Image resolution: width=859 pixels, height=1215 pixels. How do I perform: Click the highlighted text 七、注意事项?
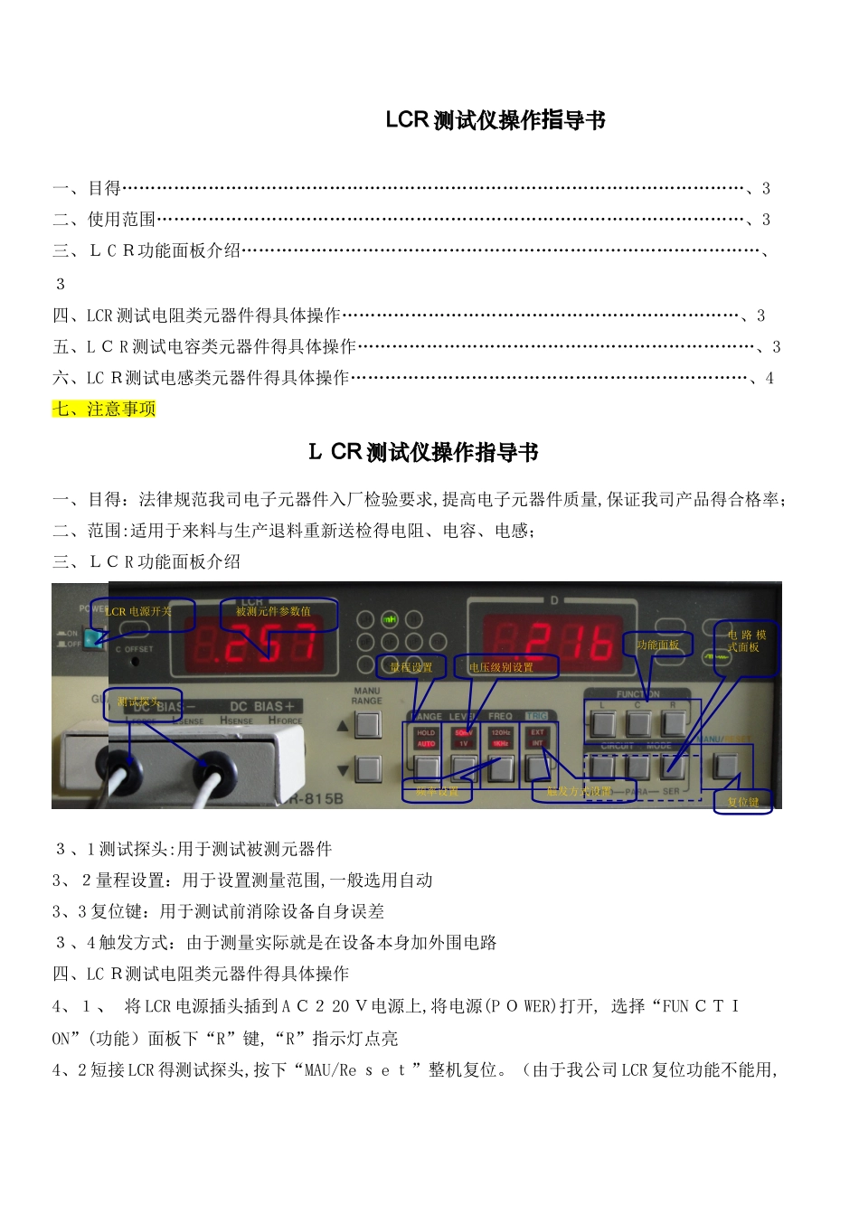pos(104,410)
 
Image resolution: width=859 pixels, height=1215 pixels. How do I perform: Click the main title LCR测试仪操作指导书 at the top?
pos(495,120)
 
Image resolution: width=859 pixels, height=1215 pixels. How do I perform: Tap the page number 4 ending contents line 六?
pos(769,379)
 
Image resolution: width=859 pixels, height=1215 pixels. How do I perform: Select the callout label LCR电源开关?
pos(139,612)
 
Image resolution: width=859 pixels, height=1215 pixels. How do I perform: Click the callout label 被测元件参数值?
pos(273,612)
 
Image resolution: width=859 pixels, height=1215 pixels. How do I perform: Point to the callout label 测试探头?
pos(137,702)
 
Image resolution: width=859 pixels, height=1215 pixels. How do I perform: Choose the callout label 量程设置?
pos(411,667)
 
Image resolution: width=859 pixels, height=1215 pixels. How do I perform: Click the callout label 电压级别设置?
pos(501,667)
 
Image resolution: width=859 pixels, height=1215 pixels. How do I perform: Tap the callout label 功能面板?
pos(657,645)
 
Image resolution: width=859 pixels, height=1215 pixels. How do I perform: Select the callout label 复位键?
pos(742,802)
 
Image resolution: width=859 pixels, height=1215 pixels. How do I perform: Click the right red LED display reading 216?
pos(552,643)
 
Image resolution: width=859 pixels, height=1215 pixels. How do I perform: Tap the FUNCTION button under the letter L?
pos(603,724)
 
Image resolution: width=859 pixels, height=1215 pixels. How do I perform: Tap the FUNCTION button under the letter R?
pos(674,724)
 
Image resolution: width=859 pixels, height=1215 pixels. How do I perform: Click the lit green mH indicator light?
pos(390,619)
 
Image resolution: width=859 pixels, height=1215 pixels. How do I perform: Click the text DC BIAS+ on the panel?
pos(262,706)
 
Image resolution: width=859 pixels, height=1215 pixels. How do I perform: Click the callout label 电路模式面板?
pos(746,641)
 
